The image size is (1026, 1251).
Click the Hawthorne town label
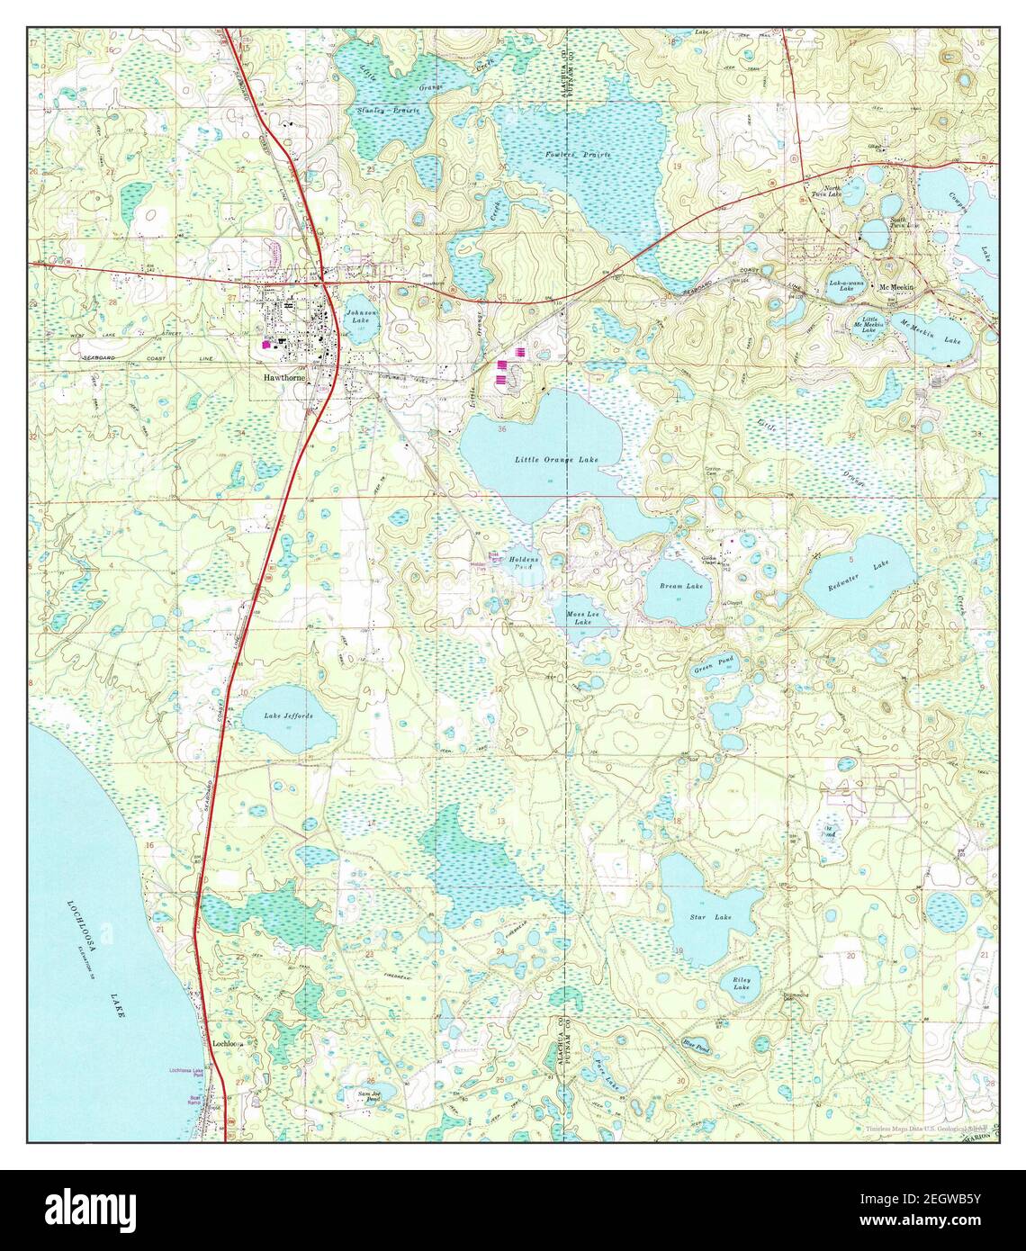pyautogui.click(x=283, y=378)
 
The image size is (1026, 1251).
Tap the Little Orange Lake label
pyautogui.click(x=556, y=460)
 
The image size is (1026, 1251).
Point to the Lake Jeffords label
pyautogui.click(x=288, y=715)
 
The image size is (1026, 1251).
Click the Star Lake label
pyautogui.click(x=710, y=917)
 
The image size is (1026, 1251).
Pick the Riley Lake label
pyautogui.click(x=742, y=982)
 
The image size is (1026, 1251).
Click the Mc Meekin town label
pyautogui.click(x=896, y=287)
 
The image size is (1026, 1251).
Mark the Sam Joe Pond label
pyautogui.click(x=367, y=1097)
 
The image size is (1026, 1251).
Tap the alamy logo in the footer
pyautogui.click(x=81, y=1207)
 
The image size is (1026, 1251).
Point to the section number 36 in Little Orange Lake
pyautogui.click(x=500, y=429)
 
